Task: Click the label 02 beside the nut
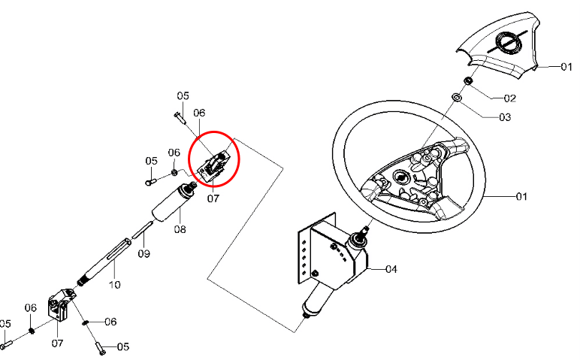[510, 98]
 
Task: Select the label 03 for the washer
[505, 117]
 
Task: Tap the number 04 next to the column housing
[391, 269]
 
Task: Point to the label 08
[180, 229]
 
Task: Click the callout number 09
[144, 254]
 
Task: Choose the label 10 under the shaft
[115, 285]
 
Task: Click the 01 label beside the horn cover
[566, 67]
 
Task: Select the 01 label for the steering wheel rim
[521, 196]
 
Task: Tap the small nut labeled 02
[467, 80]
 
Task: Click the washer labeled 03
[456, 97]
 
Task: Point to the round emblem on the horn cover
[509, 41]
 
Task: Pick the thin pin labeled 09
[143, 229]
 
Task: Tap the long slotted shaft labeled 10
[104, 262]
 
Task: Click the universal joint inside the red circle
[214, 165]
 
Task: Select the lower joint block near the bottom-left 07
[61, 304]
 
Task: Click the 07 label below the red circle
[213, 198]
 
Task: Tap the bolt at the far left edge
[6, 343]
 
